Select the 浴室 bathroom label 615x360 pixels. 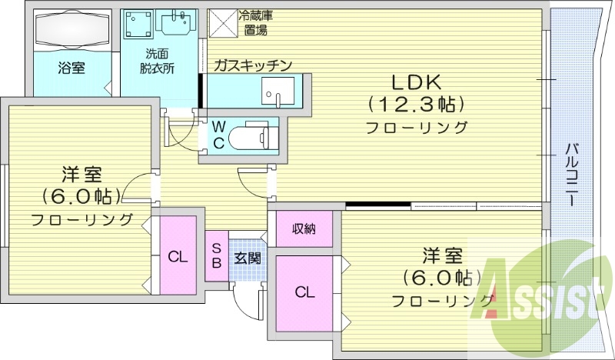71,68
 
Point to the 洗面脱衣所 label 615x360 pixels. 157,61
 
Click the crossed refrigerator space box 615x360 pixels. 223,22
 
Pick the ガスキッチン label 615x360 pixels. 253,65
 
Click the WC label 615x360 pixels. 218,135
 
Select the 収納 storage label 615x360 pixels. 304,228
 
